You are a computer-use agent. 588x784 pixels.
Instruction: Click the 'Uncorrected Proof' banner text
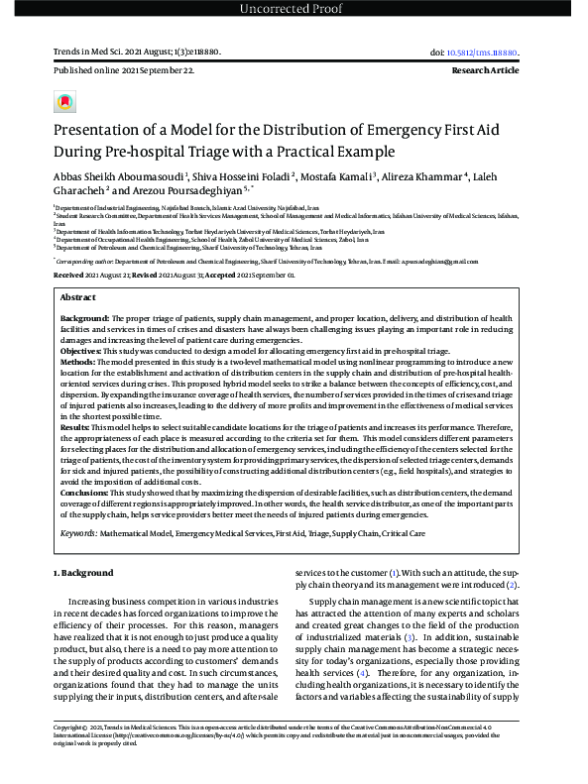click(x=294, y=10)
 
